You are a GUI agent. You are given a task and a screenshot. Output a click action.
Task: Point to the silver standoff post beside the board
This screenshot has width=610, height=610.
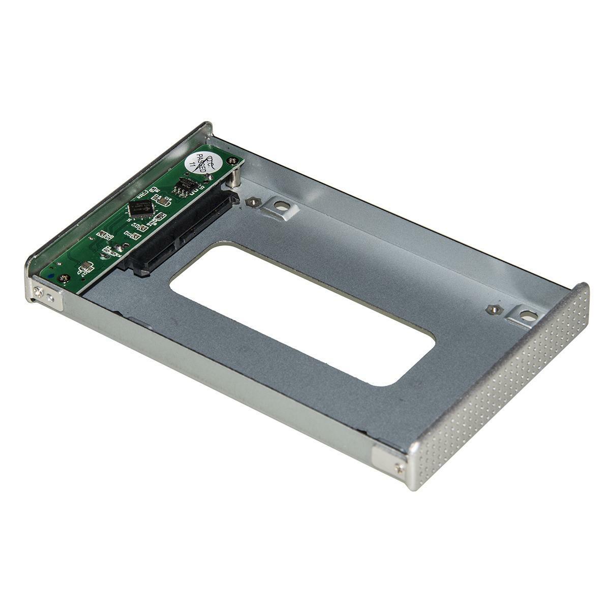[x=233, y=177]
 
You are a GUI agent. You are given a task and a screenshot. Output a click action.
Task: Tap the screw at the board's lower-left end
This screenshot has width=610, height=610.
[x=64, y=278]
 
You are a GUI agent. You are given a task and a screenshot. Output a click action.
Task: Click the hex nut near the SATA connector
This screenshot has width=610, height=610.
[x=250, y=202]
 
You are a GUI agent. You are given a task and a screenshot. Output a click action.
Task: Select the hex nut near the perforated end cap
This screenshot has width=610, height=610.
[x=492, y=309]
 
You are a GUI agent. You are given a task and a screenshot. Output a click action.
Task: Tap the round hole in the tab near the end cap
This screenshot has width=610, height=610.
[x=528, y=315]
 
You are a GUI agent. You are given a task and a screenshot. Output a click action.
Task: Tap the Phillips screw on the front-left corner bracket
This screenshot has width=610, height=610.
[x=39, y=291]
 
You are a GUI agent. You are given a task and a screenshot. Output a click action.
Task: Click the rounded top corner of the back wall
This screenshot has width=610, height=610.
[x=207, y=125]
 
